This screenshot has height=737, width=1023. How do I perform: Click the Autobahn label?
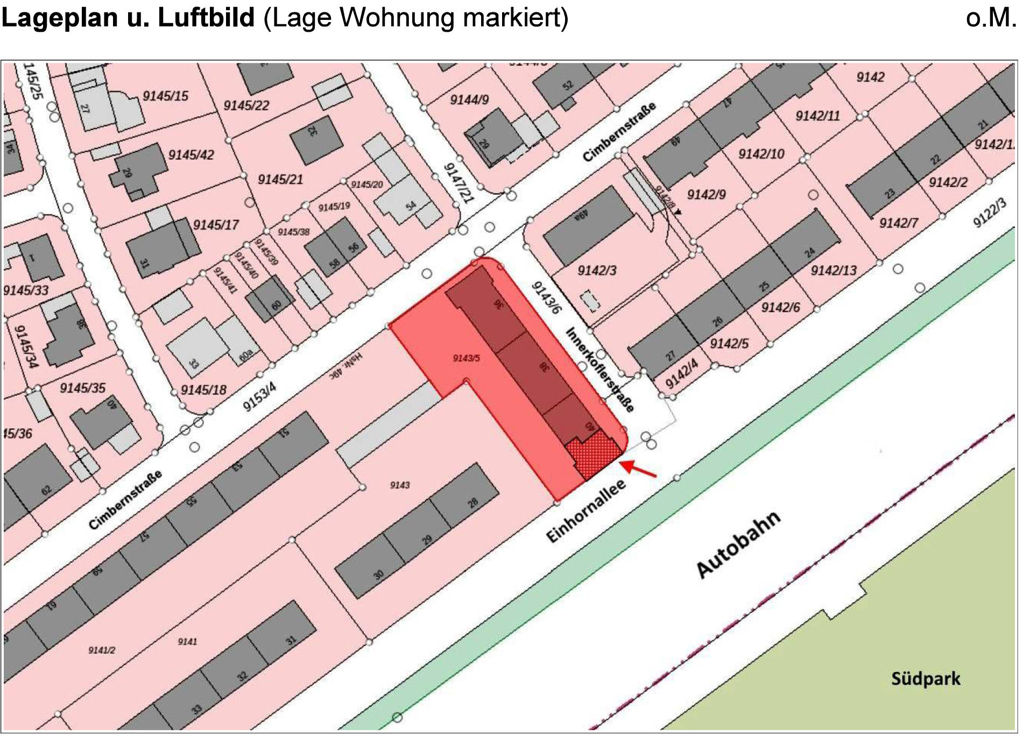pos(739,544)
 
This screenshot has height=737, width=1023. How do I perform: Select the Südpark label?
pos(925,679)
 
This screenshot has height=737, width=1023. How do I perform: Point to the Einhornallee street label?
pos(586,511)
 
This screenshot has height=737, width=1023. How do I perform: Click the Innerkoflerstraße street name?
pos(600,369)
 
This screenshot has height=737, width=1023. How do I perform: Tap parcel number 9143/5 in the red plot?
pos(466,358)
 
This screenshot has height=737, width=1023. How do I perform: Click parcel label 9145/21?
pos(280,179)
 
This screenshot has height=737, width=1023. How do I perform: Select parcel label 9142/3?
pos(597,271)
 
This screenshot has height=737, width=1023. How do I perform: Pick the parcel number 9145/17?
pos(216,224)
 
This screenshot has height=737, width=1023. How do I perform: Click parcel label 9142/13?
pos(834,270)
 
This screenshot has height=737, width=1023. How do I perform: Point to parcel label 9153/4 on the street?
pos(259,396)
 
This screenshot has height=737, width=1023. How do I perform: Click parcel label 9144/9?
pos(469,100)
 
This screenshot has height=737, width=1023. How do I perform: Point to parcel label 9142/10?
pos(761,154)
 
